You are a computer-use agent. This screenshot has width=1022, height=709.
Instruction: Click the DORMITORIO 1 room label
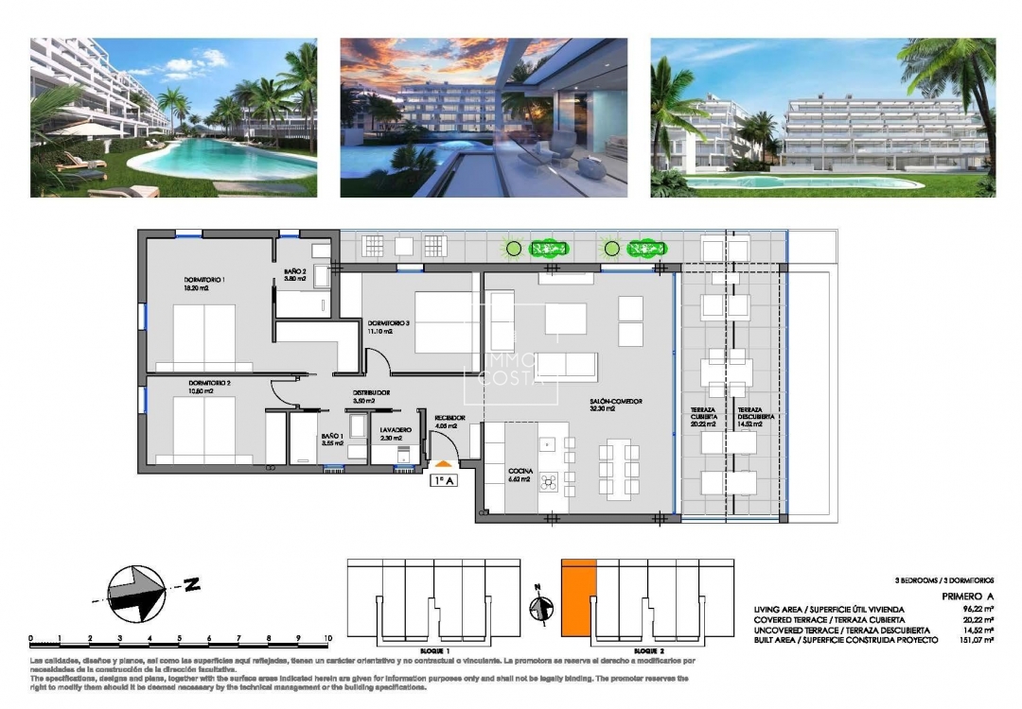pyautogui.click(x=204, y=281)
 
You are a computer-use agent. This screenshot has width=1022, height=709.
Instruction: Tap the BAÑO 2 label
pyautogui.click(x=295, y=273)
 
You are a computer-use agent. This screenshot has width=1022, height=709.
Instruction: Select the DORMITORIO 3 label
pyautogui.click(x=388, y=323)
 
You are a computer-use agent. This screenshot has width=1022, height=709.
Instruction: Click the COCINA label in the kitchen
pyautogui.click(x=520, y=471)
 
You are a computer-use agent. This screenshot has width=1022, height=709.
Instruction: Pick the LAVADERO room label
pyautogui.click(x=397, y=429)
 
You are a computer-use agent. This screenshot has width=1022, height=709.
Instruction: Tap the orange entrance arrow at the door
pyautogui.click(x=443, y=463)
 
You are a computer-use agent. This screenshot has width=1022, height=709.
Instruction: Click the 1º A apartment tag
pyautogui.click(x=444, y=480)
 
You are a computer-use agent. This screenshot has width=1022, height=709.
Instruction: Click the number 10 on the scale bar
pyautogui.click(x=327, y=638)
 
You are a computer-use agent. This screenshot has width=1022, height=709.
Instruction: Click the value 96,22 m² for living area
pyautogui.click(x=977, y=609)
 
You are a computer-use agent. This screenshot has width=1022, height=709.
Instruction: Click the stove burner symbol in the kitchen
pyautogui.click(x=549, y=483)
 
